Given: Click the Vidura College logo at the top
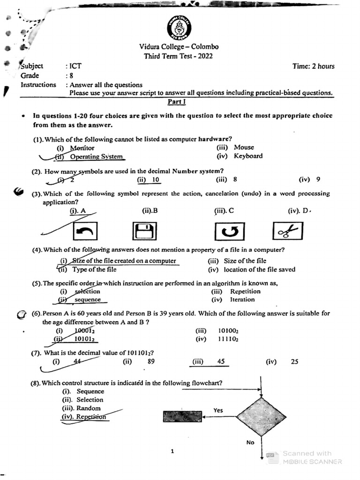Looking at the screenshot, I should (x=179, y=28).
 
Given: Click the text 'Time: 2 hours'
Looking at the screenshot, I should (x=313, y=66).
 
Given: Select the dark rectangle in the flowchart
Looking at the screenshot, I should (x=182, y=416).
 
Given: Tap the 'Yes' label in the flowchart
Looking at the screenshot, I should (x=218, y=410).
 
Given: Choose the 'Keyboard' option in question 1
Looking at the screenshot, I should (x=248, y=156).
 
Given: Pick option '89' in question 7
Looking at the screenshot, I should (x=150, y=361).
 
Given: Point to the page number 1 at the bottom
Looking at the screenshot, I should (x=172, y=451).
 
